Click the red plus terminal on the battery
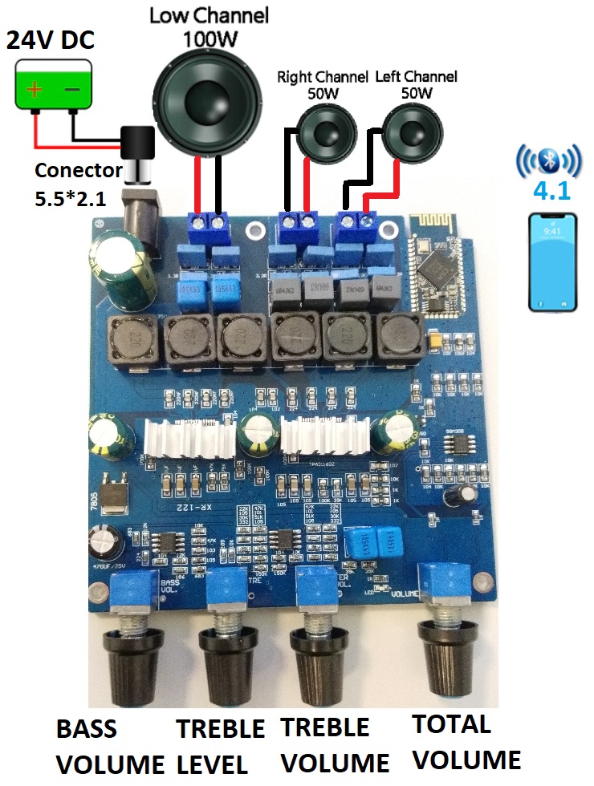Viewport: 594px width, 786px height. [35, 89]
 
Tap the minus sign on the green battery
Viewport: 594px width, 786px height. [71, 90]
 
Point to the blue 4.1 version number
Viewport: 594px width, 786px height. [549, 195]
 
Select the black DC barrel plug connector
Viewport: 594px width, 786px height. [136, 152]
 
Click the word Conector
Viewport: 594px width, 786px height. [77, 170]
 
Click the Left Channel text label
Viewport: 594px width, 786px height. [417, 77]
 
